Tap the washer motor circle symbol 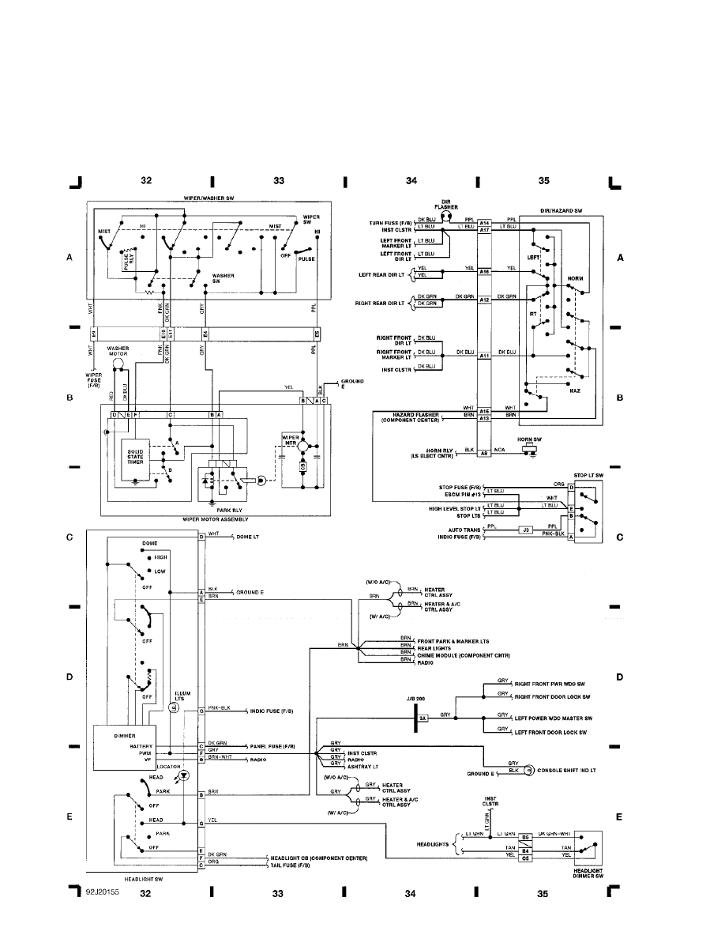pyautogui.click(x=118, y=364)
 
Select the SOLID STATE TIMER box pyautogui.click(x=137, y=456)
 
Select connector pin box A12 pyautogui.click(x=484, y=300)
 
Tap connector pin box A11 pyautogui.click(x=484, y=356)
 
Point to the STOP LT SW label pyautogui.click(x=587, y=474)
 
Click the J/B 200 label pyautogui.click(x=415, y=699)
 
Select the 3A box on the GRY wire pyautogui.click(x=423, y=718)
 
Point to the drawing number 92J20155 pyautogui.click(x=103, y=892)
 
